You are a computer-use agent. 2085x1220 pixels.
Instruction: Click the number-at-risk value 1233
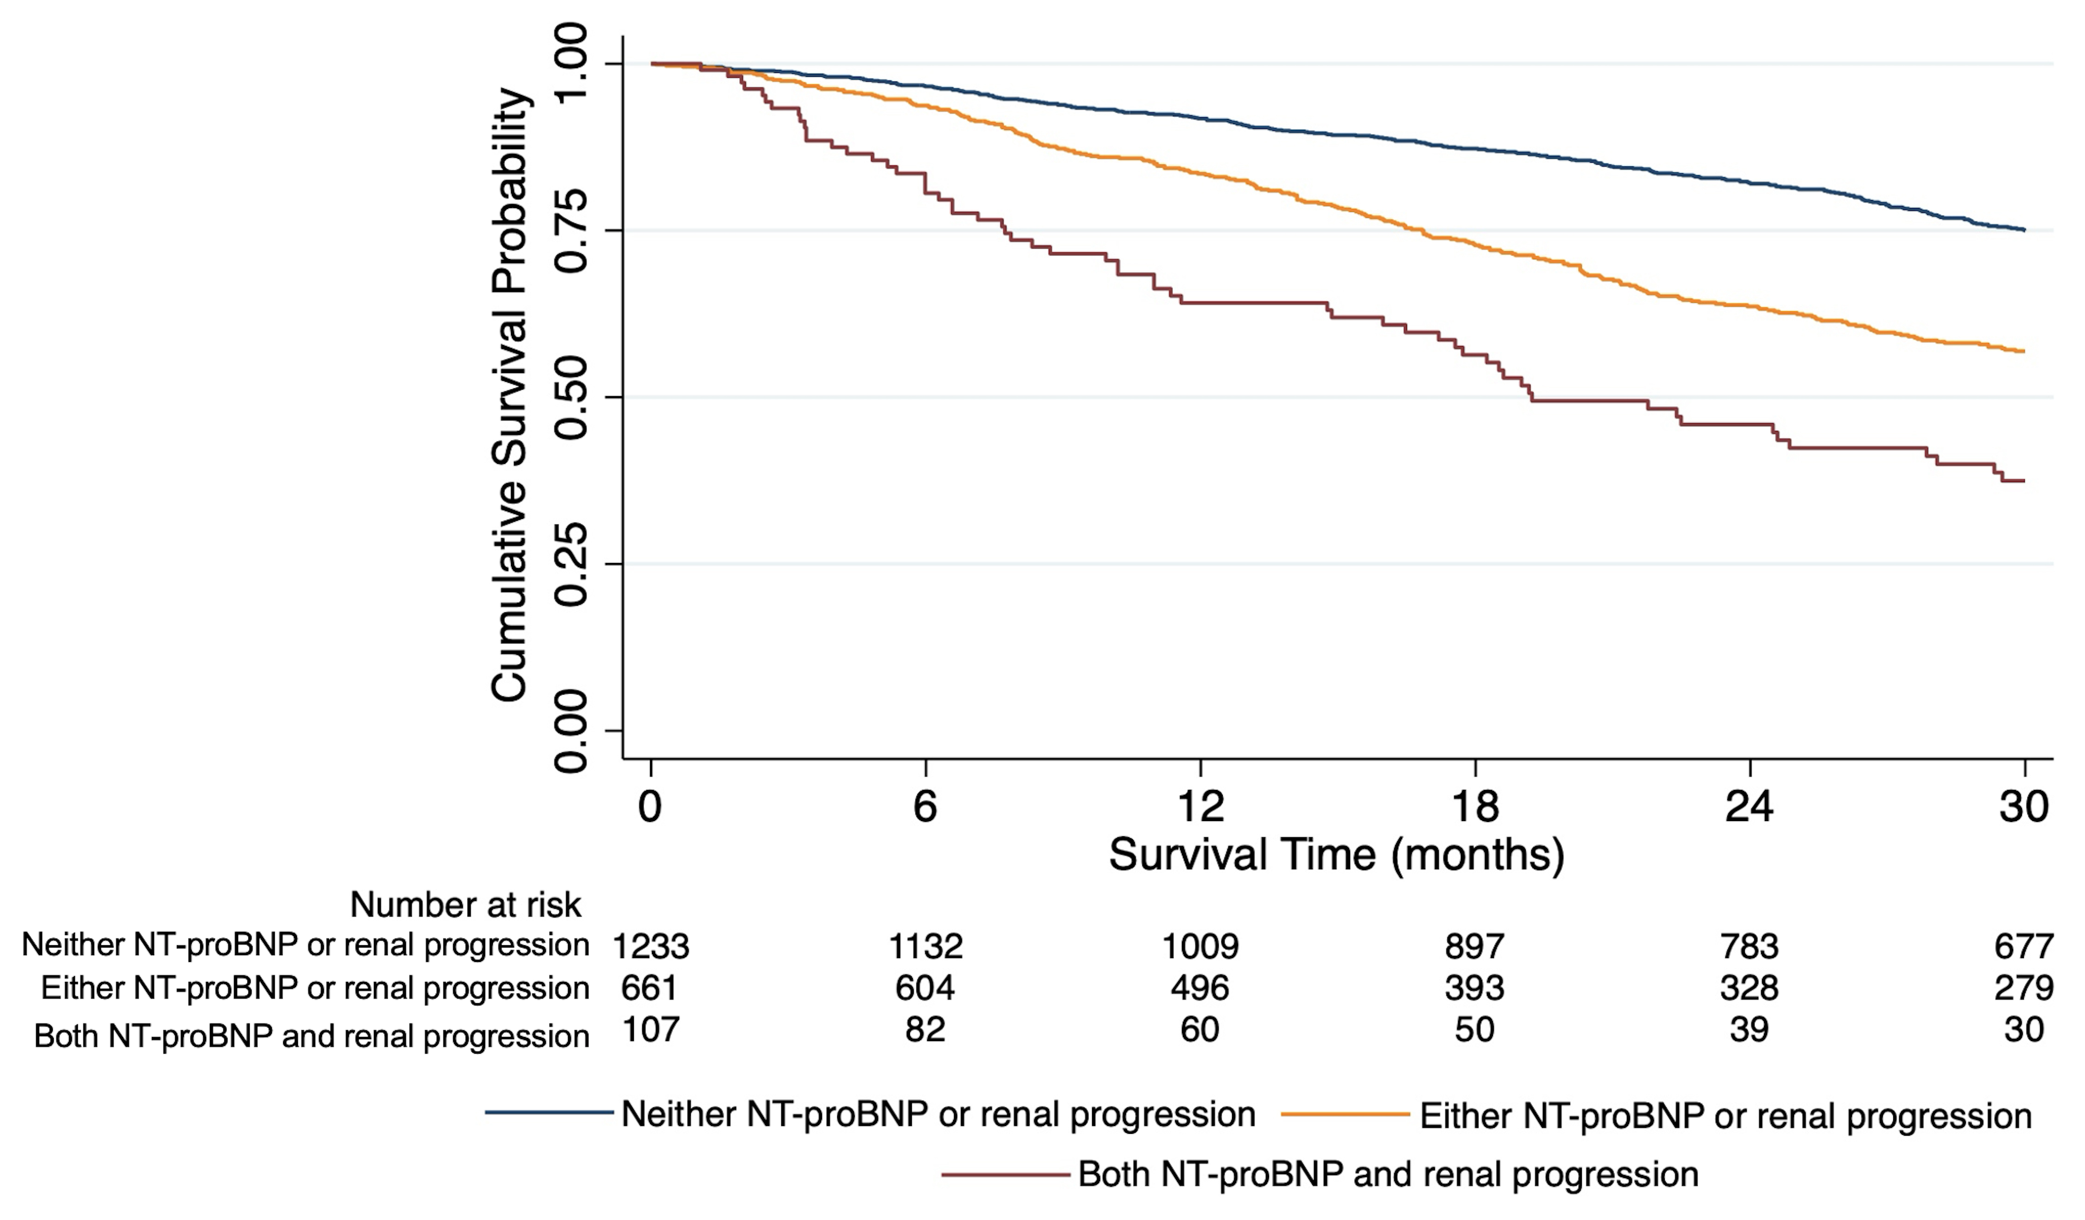(651, 946)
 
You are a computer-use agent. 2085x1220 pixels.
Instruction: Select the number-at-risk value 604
(925, 987)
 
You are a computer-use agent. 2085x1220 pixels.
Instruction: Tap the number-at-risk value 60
(1200, 1030)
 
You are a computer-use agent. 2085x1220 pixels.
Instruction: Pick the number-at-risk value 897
(1474, 946)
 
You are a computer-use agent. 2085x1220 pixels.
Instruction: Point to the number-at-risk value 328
(1749, 987)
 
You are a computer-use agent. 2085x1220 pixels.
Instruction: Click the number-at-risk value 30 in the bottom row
(2024, 1030)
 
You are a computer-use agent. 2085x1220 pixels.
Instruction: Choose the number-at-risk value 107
(651, 1030)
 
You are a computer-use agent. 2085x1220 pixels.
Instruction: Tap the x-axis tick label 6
(925, 807)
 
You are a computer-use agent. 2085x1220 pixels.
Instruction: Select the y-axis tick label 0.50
(571, 397)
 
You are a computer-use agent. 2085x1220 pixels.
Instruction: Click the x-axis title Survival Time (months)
(1336, 855)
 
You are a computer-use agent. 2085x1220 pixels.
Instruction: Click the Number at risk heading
(465, 904)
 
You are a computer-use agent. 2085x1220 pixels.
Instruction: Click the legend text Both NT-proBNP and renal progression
(1388, 1174)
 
